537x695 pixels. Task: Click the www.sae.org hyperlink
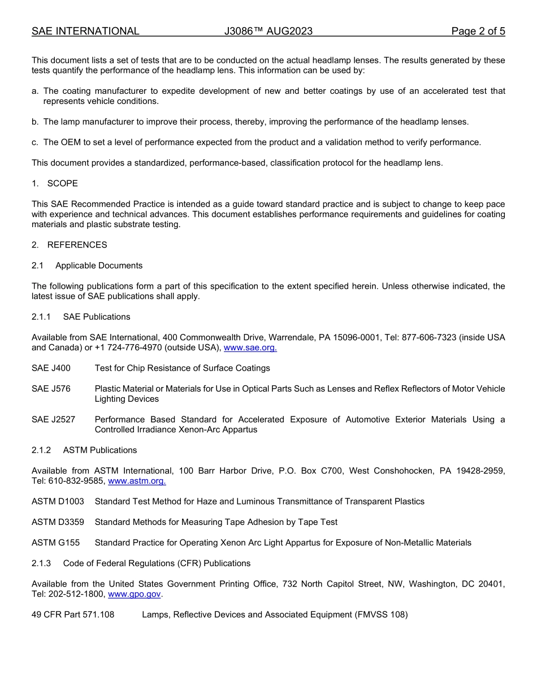pyautogui.click(x=250, y=348)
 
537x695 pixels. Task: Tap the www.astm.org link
pyautogui.click(x=137, y=481)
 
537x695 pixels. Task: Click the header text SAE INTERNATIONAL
pyautogui.click(x=85, y=31)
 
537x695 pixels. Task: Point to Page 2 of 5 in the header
pyautogui.click(x=478, y=31)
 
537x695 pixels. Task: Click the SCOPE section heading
pyautogui.click(x=62, y=184)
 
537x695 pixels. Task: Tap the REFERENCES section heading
pyautogui.click(x=77, y=245)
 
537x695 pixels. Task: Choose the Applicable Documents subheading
pyautogui.click(x=99, y=266)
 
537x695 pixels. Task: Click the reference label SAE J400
pyautogui.click(x=51, y=368)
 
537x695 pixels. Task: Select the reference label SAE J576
pyautogui.click(x=51, y=389)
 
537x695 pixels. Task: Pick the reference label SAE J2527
pyautogui.click(x=53, y=420)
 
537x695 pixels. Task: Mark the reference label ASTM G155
pyautogui.click(x=55, y=543)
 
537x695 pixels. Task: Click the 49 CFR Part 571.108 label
pyautogui.click(x=73, y=615)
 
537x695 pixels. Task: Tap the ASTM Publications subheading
pyautogui.click(x=99, y=450)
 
